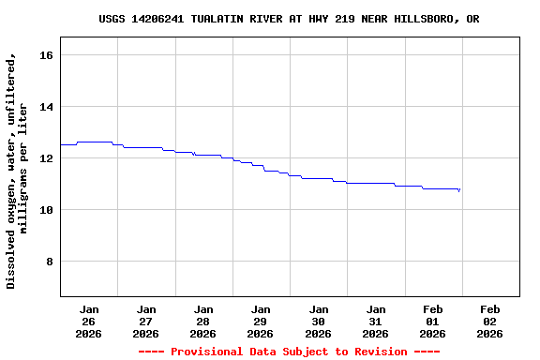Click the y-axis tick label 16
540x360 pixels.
tap(46, 55)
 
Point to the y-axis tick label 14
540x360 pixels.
tap(46, 107)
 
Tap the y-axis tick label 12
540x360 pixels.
tap(46, 158)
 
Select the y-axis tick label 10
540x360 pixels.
tap(46, 210)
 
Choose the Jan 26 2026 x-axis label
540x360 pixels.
tap(89, 321)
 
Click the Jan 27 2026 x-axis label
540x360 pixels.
tap(146, 321)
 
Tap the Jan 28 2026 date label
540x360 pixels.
tap(203, 321)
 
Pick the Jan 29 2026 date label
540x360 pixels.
tap(261, 321)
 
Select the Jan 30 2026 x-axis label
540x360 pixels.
tap(318, 321)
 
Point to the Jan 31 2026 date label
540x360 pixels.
tap(375, 321)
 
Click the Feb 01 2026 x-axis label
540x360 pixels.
tap(432, 321)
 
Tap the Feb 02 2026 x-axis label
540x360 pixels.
tap(489, 321)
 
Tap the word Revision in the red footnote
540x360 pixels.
tap(373, 352)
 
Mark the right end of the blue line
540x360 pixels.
tap(459, 190)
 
